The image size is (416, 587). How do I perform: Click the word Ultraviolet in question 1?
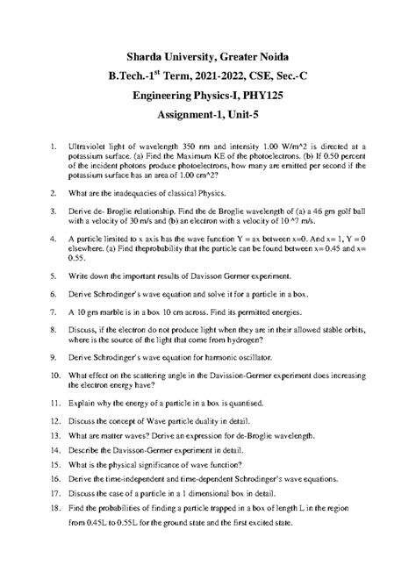pos(90,142)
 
